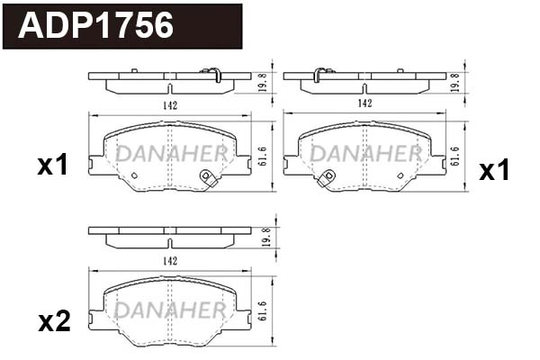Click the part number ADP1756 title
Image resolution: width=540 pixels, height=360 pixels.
pyautogui.click(x=96, y=26)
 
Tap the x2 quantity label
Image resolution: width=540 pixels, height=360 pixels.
pyautogui.click(x=53, y=321)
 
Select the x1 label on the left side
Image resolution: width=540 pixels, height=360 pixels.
pyautogui.click(x=53, y=165)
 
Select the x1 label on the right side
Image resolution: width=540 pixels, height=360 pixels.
pyautogui.click(x=493, y=171)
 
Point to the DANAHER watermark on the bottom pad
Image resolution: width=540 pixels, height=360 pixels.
pyautogui.click(x=170, y=309)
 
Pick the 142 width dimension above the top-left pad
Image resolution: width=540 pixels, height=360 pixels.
pyautogui.click(x=170, y=105)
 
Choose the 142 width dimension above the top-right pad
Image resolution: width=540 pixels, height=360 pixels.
pyautogui.click(x=364, y=103)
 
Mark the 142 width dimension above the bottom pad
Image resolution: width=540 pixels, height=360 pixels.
pyautogui.click(x=170, y=260)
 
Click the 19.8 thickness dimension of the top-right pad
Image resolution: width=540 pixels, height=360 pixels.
pyautogui.click(x=456, y=82)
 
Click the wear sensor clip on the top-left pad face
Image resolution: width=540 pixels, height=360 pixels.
pyautogui.click(x=209, y=178)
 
